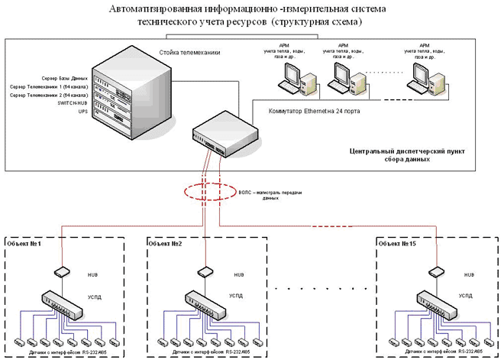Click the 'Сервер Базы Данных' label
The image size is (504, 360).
[x=60, y=79]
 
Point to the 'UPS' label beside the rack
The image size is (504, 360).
[x=83, y=112]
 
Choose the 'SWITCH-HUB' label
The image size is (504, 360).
[x=73, y=103]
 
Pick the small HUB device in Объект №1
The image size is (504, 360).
[x=62, y=271]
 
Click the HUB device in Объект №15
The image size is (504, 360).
[x=436, y=271]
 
